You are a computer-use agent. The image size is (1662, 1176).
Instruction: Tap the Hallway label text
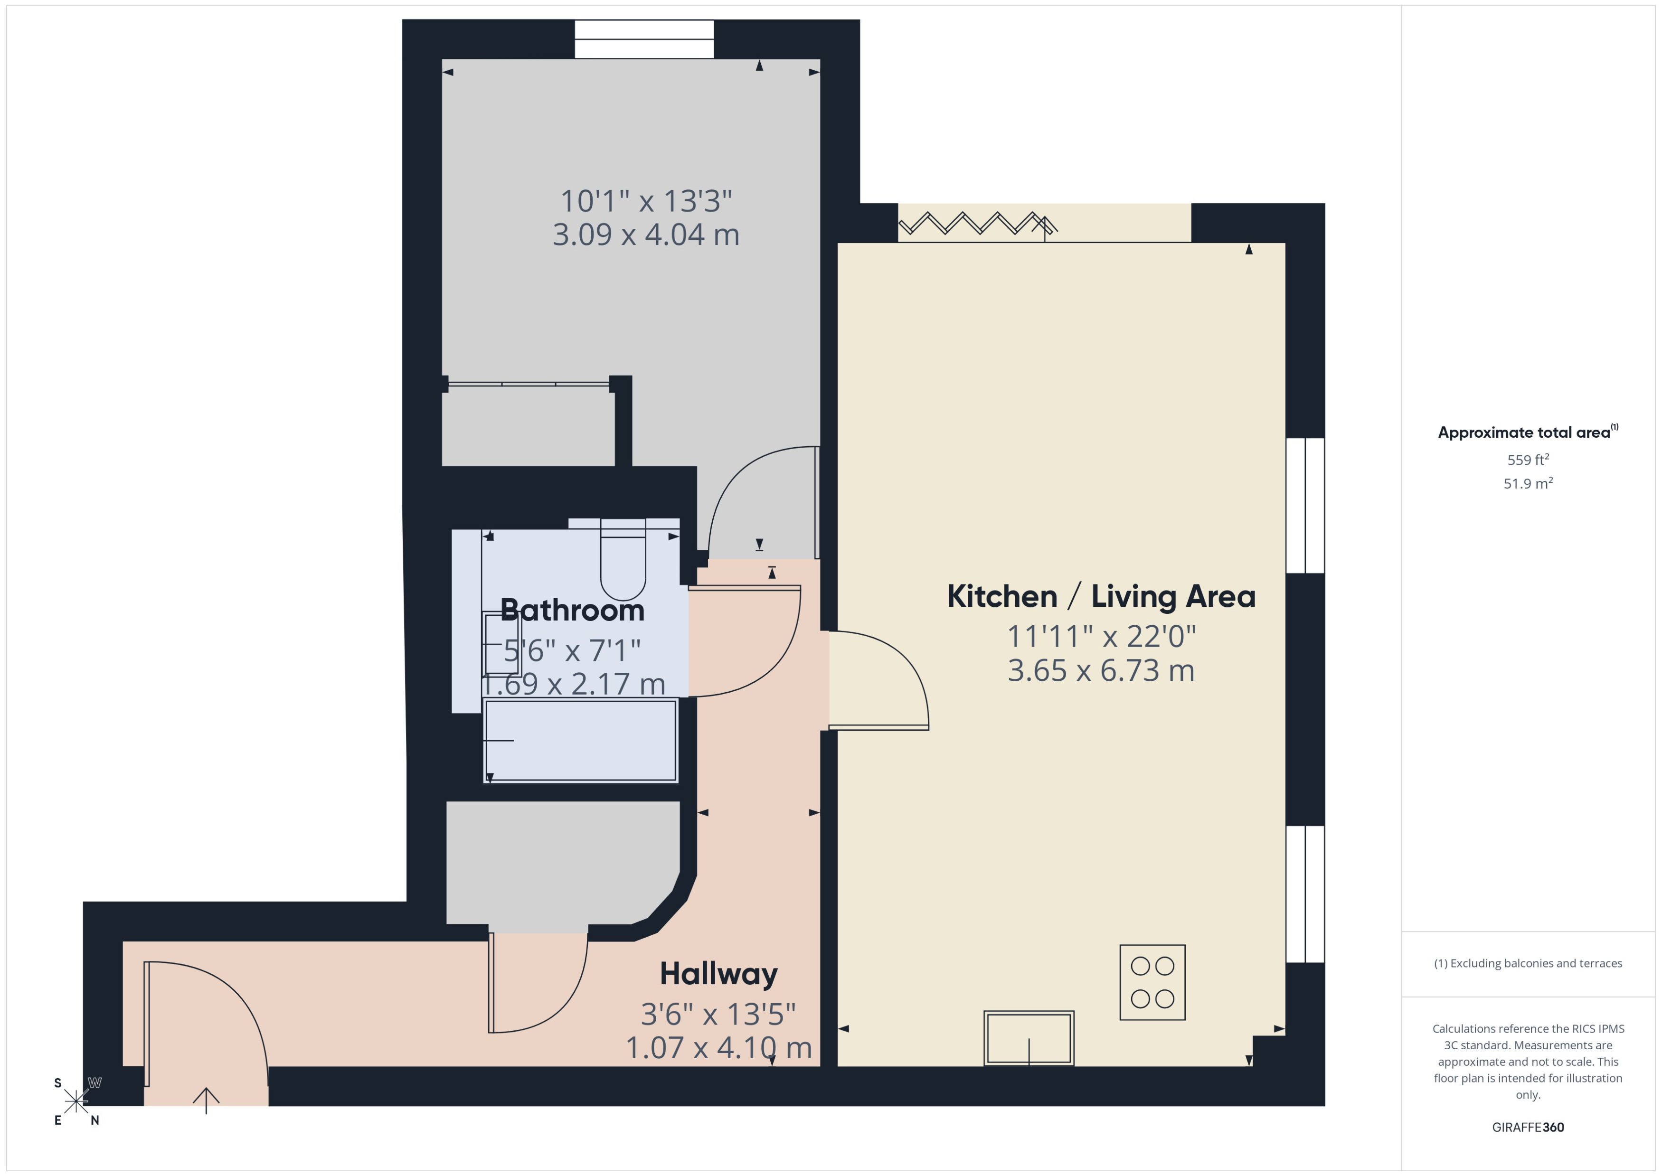click(x=718, y=974)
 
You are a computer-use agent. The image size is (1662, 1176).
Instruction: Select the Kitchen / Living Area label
click(x=1101, y=597)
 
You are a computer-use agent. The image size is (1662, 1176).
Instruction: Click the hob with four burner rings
click(x=1152, y=983)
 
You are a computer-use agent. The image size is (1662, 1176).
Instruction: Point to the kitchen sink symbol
click(x=1029, y=1038)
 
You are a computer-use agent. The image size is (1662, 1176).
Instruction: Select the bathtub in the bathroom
click(x=580, y=740)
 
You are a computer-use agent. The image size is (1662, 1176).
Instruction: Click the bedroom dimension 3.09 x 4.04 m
click(x=646, y=235)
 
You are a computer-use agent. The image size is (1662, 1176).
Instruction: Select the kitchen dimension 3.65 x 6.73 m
click(x=1101, y=670)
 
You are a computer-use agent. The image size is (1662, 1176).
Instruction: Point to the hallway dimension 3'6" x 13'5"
click(x=718, y=1015)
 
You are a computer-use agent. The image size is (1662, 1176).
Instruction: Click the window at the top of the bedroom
click(x=644, y=39)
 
